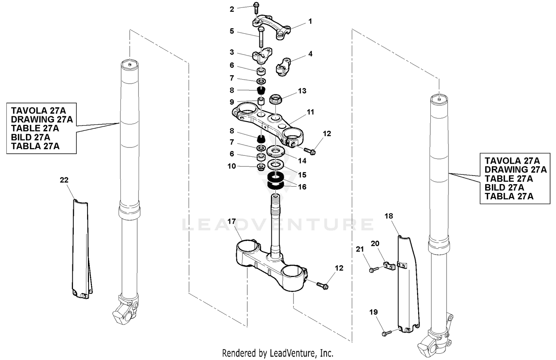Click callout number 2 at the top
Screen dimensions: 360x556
coord(232,9)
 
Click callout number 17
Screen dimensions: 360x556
coord(232,221)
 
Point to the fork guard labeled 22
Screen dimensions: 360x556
coord(81,248)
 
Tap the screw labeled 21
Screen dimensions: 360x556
coord(373,269)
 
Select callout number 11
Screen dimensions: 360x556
coord(310,112)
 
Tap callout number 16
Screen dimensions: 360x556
coord(302,187)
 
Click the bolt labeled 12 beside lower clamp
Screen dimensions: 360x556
coord(322,285)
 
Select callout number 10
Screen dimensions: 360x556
coord(232,166)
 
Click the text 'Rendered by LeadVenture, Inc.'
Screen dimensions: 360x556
coord(278,353)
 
